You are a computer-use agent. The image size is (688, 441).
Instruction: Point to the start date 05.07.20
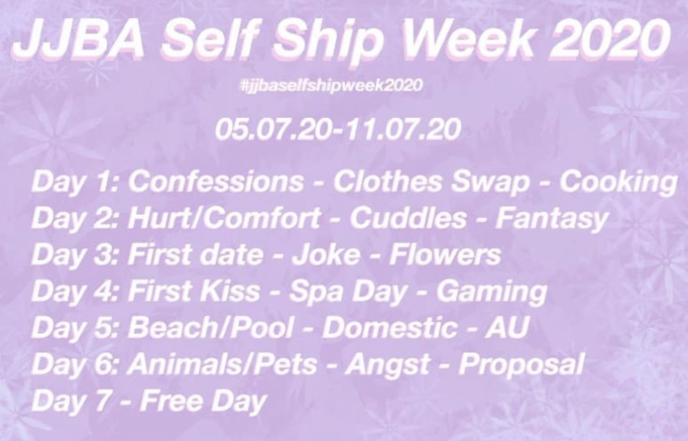[273, 129]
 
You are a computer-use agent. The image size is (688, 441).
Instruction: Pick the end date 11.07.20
[402, 129]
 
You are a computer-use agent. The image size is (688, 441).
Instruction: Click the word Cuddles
[408, 219]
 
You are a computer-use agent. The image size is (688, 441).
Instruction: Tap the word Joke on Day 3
[326, 255]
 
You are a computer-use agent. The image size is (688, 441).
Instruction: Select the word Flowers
[445, 255]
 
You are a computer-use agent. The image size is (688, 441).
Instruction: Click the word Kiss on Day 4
[230, 290]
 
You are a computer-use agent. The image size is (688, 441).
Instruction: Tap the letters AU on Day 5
[506, 327]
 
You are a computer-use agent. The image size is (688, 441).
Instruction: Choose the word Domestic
[389, 327]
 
